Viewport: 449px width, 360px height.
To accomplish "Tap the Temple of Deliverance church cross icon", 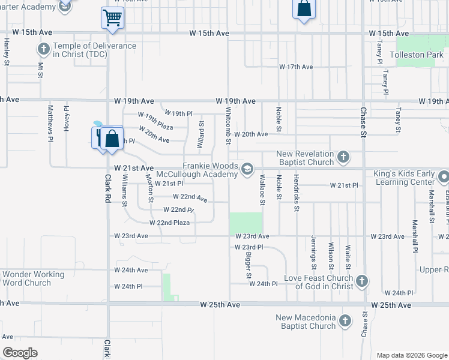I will (x=44, y=49).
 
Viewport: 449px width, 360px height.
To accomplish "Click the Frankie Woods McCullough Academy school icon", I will (x=247, y=170).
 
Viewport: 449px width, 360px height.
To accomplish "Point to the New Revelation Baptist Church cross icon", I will (x=343, y=158).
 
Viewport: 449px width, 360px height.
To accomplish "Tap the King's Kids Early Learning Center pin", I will (x=444, y=178).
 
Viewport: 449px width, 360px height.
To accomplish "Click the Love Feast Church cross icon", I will (x=361, y=281).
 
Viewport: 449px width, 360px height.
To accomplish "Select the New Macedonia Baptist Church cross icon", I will (x=345, y=322).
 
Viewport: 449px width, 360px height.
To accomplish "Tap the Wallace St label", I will (x=262, y=190).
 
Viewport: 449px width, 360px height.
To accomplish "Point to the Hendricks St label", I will (x=297, y=193).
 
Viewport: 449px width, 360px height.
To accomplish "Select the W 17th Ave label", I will (x=296, y=67).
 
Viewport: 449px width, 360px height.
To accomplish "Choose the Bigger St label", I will (x=248, y=265).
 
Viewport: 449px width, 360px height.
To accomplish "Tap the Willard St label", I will (x=202, y=134).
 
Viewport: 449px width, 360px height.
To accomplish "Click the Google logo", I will (x=20, y=353).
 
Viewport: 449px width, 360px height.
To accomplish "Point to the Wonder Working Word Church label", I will (x=34, y=278).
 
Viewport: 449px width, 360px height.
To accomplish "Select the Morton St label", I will (x=149, y=188).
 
